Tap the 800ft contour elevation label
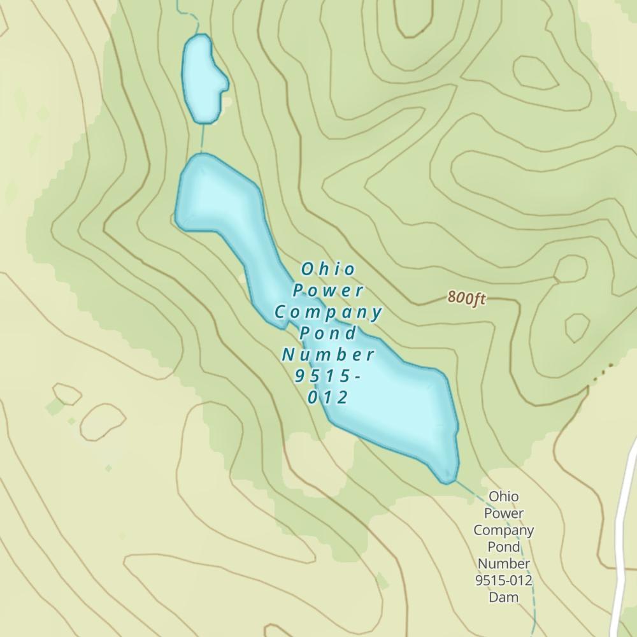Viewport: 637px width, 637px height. (x=467, y=297)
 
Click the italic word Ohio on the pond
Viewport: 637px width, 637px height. (x=328, y=269)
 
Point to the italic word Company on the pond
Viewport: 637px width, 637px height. (x=328, y=312)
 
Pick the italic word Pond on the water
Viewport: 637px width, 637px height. (x=328, y=333)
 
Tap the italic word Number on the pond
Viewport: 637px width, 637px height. (x=328, y=355)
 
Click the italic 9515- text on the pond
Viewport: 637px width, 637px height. (x=328, y=376)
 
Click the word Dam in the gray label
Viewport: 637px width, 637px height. (x=503, y=598)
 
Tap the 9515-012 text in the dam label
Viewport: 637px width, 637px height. (x=503, y=580)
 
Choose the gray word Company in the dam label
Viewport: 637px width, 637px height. (x=503, y=530)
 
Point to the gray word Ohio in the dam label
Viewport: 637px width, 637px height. (x=503, y=496)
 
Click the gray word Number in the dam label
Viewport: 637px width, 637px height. (x=503, y=564)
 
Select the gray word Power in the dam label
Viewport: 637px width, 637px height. (x=503, y=513)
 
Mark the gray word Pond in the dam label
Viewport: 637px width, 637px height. (x=503, y=547)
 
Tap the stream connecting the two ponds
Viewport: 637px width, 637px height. (x=203, y=137)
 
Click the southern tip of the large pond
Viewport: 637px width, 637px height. (x=448, y=478)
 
